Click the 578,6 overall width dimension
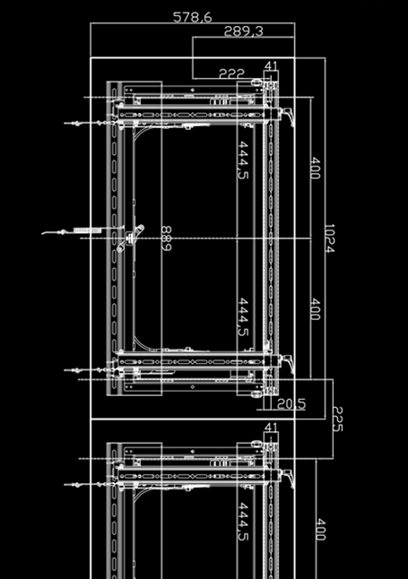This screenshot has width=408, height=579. pos(193,17)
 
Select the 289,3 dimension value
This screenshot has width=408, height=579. pos(244,31)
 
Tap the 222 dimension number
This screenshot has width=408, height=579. pos(231,73)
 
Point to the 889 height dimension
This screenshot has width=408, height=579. pos(167,238)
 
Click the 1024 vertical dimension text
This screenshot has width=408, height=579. pos(329,238)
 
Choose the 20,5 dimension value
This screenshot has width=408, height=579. pos(291,404)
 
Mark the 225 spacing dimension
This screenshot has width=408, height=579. pos(338,419)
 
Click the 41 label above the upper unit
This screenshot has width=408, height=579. pos(271,65)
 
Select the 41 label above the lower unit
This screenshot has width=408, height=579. pos(271,427)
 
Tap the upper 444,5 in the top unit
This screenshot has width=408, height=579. pos(243,160)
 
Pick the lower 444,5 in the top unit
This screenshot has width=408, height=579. pos(243,316)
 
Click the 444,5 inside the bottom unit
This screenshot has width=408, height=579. pos(243,522)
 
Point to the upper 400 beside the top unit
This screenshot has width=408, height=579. pos(315,168)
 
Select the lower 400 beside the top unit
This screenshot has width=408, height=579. pos(315,309)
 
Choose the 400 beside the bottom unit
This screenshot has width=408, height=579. pos(320,530)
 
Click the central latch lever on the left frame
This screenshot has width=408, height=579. pos(131,238)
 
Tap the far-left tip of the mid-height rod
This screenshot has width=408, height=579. pos(42,234)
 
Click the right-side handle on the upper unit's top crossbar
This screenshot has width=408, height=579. pos(288,116)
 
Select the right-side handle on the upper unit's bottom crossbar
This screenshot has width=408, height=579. pos(288,364)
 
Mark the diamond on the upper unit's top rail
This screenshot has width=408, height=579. pos(193,90)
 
